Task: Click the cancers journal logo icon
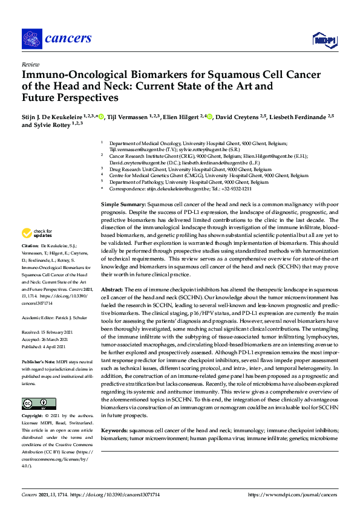tap(31, 39)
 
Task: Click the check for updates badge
tap(36, 233)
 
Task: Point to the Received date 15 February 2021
tap(50, 332)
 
